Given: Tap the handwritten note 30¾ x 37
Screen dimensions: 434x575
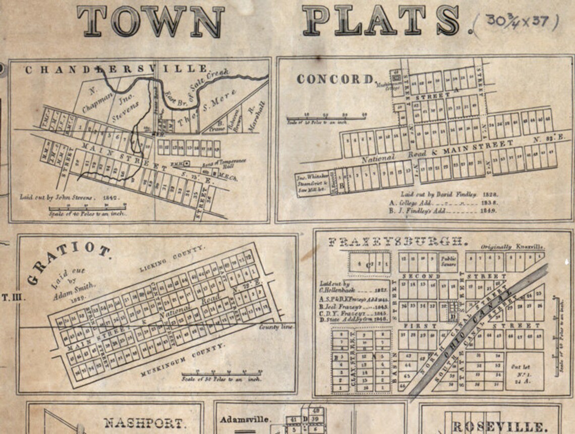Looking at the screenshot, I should point(522,22).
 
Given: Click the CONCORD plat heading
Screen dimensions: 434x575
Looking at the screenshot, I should point(336,79).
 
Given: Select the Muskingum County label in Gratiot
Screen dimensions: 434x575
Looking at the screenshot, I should point(183,359).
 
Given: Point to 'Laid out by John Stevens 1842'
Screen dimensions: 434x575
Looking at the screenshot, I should point(70,197).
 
